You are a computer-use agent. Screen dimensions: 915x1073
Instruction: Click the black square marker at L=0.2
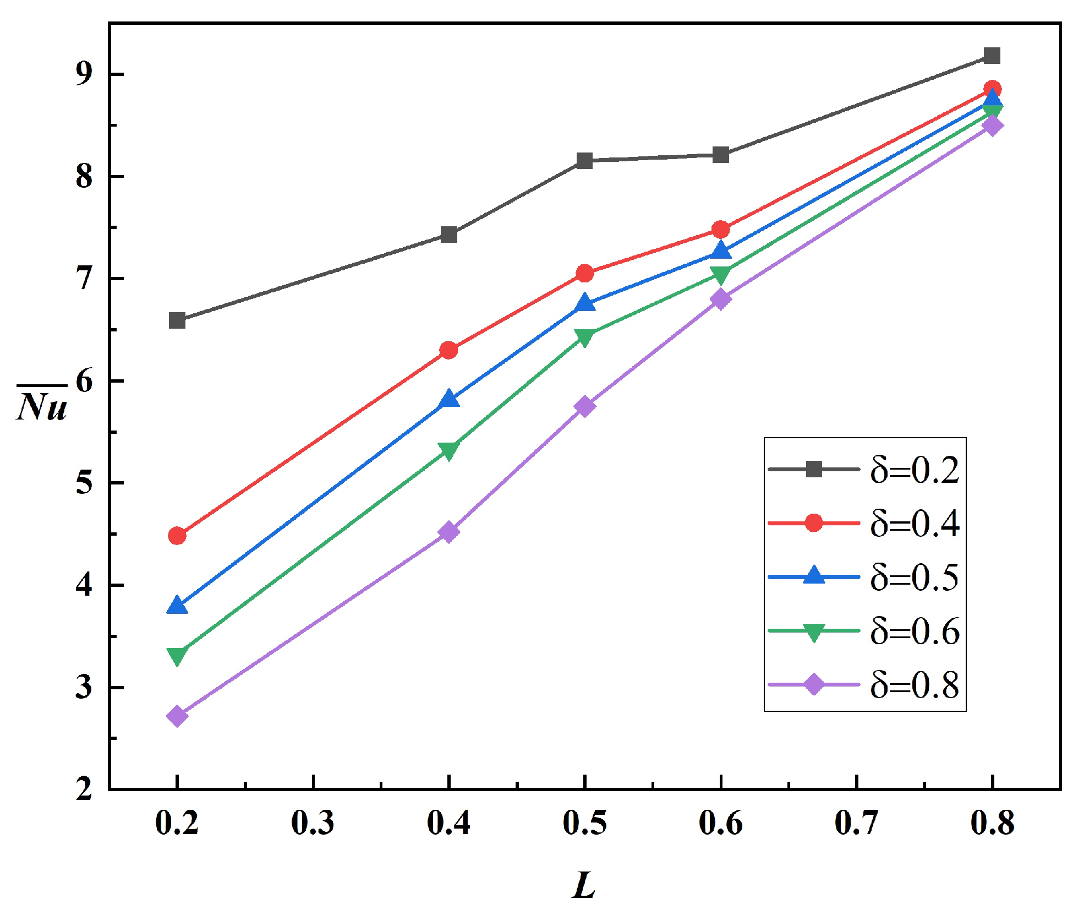pyautogui.click(x=177, y=320)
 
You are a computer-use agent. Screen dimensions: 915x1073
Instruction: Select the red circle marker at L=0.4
pyautogui.click(x=449, y=350)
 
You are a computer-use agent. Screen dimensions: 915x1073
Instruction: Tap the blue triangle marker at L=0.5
pyautogui.click(x=585, y=303)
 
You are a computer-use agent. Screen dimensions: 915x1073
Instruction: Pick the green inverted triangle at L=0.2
pyautogui.click(x=177, y=655)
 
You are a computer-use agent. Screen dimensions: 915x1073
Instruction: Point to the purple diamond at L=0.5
pyautogui.click(x=585, y=406)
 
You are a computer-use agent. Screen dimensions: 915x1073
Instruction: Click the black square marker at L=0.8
pyautogui.click(x=992, y=56)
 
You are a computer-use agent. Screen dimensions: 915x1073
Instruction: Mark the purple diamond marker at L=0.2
pyautogui.click(x=177, y=716)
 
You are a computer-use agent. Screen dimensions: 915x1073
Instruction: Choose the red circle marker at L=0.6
pyautogui.click(x=720, y=230)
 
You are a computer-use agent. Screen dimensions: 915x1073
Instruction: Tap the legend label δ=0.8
pyautogui.click(x=915, y=685)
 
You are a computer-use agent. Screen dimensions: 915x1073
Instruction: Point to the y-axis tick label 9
pyautogui.click(x=84, y=74)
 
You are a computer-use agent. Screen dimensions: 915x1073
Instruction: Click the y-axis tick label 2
pyautogui.click(x=84, y=789)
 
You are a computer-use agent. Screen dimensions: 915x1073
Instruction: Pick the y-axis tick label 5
pyautogui.click(x=84, y=483)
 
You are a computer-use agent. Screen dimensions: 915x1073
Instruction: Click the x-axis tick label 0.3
pyautogui.click(x=313, y=824)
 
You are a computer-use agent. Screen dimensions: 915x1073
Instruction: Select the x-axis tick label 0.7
pyautogui.click(x=856, y=824)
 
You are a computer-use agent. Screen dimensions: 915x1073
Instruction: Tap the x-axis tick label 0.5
pyautogui.click(x=584, y=824)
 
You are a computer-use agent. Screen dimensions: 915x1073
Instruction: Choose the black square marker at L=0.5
pyautogui.click(x=585, y=161)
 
